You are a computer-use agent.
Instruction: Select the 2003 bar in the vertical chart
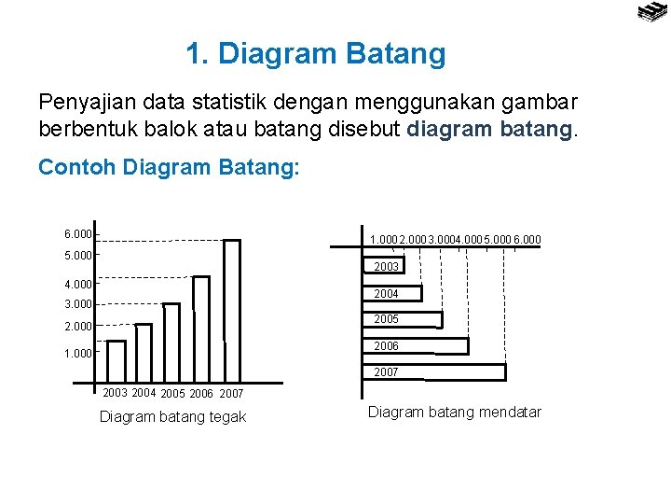116,361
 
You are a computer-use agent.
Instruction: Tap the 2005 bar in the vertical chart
171,343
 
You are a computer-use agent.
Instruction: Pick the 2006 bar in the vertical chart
200,329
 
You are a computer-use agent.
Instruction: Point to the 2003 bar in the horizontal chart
383,267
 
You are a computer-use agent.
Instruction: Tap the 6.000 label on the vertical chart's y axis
78,234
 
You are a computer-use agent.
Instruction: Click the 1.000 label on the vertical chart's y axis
78,354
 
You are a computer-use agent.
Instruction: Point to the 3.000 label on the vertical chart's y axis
78,304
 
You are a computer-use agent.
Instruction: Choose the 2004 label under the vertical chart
144,393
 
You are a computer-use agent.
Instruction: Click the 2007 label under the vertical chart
231,394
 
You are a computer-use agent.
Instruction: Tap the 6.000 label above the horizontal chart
527,240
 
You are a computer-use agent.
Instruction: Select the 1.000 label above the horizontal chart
383,240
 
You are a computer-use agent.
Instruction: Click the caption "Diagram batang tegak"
172,417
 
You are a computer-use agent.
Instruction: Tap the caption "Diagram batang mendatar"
455,412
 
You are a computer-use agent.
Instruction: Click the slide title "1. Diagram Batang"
316,54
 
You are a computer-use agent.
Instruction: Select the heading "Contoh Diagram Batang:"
169,168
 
